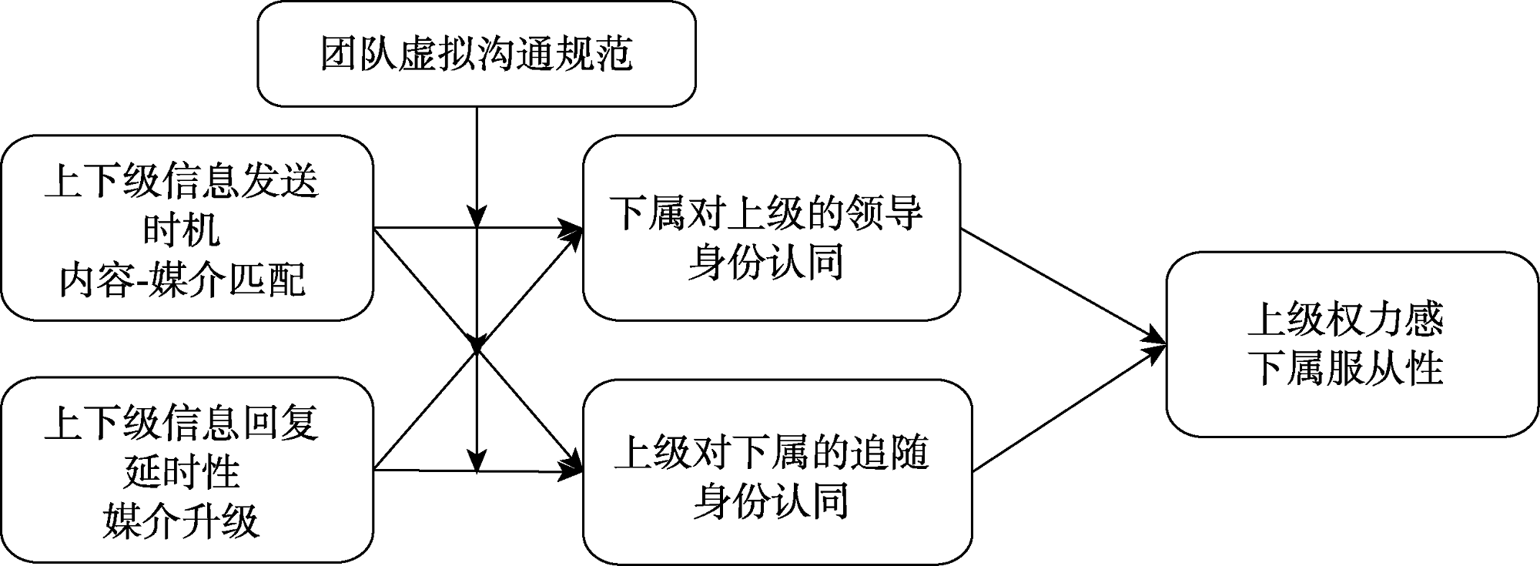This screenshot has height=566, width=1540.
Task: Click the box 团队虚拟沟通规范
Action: (x=477, y=54)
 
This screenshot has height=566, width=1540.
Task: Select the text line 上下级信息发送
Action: (x=182, y=183)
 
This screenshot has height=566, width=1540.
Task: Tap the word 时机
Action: (x=182, y=229)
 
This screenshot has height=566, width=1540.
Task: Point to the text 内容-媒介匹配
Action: (x=182, y=279)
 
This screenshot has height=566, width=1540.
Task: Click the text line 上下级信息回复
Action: (x=182, y=424)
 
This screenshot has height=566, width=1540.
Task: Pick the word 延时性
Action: (x=182, y=471)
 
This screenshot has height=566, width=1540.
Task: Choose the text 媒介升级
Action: (x=182, y=521)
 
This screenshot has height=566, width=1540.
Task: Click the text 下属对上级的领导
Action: (x=766, y=212)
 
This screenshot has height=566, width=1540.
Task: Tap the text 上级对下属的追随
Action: (x=772, y=452)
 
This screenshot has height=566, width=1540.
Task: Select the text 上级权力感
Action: (x=1345, y=320)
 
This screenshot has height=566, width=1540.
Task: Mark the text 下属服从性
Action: (x=1345, y=367)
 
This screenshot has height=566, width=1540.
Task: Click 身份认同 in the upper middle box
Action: (x=766, y=262)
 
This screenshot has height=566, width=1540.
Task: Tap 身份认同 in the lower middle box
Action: (x=772, y=501)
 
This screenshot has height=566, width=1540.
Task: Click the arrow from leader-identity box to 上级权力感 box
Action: (x=1063, y=285)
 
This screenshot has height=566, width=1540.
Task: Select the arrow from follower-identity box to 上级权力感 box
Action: (x=1070, y=408)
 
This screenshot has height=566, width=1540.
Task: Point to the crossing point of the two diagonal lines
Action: (x=477, y=349)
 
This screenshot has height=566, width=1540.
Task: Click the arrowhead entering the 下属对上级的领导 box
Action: (x=571, y=229)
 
